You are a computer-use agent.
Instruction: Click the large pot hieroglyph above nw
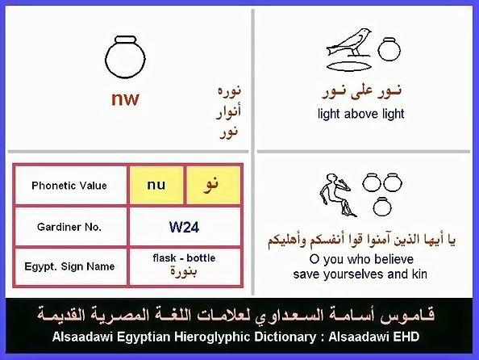(x=125, y=57)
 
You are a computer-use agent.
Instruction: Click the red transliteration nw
(x=125, y=98)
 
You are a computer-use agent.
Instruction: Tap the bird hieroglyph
(x=349, y=43)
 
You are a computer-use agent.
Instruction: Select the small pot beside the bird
(x=389, y=49)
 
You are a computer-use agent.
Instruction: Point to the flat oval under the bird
(x=349, y=66)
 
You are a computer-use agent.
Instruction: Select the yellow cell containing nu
(x=156, y=185)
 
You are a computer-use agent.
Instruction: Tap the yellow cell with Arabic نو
(x=213, y=185)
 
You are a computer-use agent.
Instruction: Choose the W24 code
(x=184, y=228)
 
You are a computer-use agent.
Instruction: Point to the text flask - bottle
(x=184, y=257)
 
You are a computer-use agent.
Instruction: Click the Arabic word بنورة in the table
(x=184, y=271)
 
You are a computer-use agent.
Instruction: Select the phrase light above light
(x=360, y=114)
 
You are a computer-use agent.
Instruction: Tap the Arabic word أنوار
(x=229, y=111)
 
